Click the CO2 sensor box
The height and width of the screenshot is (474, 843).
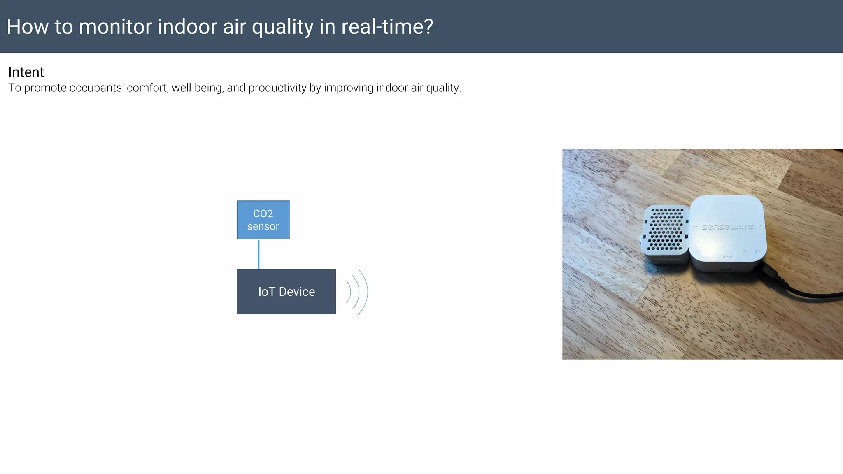(263, 220)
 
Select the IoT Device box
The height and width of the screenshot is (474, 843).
(286, 291)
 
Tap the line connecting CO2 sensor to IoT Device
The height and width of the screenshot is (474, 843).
(258, 254)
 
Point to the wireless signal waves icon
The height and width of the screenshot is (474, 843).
(356, 292)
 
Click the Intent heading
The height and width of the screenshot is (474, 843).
(26, 72)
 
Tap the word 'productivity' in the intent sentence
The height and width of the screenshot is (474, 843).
(277, 88)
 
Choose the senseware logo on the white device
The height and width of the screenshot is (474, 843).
(727, 226)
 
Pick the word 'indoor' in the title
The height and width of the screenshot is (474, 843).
(187, 27)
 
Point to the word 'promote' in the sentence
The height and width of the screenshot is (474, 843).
(45, 88)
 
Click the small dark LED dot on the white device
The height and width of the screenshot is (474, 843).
(744, 251)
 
